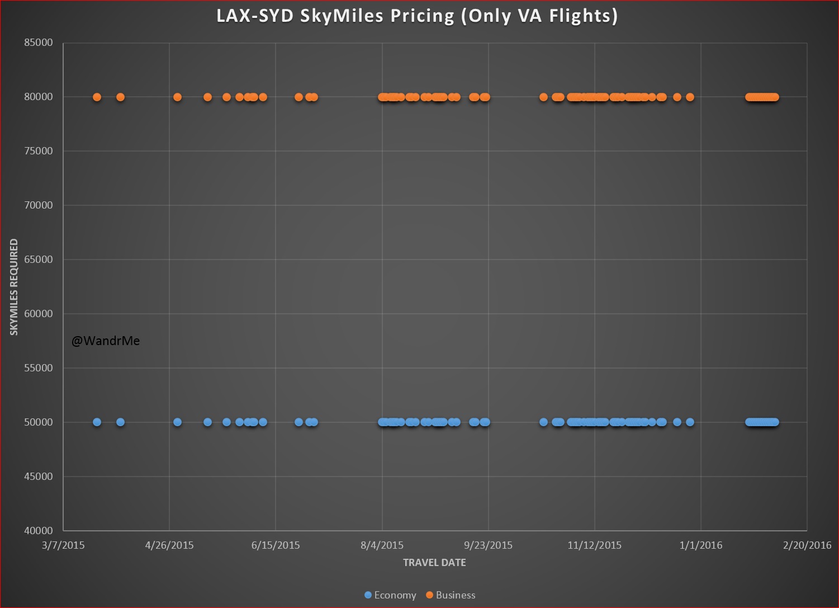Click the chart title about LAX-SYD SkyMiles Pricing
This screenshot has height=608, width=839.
click(417, 16)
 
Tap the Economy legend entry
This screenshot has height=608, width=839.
click(390, 595)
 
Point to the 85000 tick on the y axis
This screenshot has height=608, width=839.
click(39, 43)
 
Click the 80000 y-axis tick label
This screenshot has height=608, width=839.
click(39, 97)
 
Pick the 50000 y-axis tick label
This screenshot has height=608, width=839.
click(39, 422)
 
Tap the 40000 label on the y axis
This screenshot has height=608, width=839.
click(39, 531)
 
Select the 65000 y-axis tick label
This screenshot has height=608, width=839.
click(39, 260)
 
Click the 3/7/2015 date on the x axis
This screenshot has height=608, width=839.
click(63, 545)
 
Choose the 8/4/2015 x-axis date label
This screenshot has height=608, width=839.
click(382, 545)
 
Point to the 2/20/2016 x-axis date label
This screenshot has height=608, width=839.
click(807, 545)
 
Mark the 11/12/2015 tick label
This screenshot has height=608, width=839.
click(594, 545)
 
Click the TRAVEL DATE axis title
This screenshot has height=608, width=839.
click(434, 563)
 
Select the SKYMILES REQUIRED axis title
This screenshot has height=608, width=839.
click(14, 287)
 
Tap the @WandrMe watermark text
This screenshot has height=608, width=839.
click(106, 341)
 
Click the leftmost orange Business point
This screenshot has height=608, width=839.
click(97, 97)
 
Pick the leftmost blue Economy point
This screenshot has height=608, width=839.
click(97, 422)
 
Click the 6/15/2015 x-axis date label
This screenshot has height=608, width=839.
click(276, 545)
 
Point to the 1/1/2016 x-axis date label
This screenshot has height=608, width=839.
click(700, 545)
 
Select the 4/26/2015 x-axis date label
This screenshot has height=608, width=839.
click(169, 545)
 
